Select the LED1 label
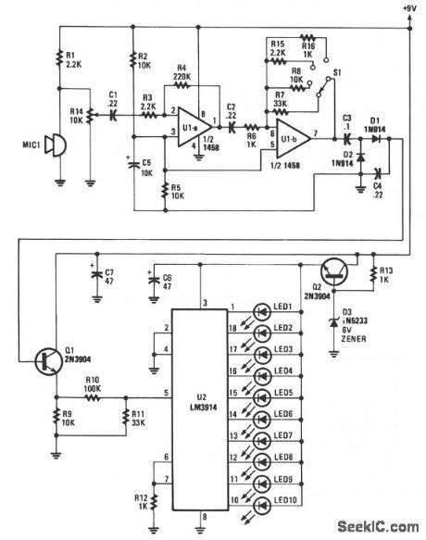pyautogui.click(x=282, y=307)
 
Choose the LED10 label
pyautogui.click(x=284, y=501)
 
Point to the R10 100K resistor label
pyautogui.click(x=92, y=383)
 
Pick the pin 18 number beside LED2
pyautogui.click(x=235, y=328)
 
